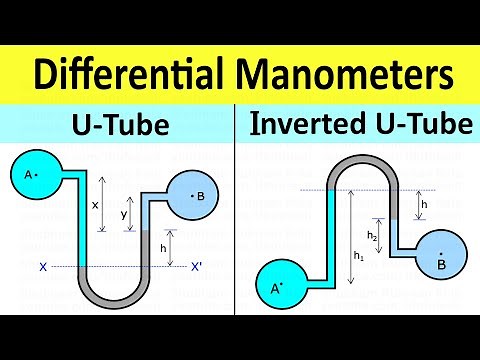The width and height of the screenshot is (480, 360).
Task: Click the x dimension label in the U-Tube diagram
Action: click(95, 204)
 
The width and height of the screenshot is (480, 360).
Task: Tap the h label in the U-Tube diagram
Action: click(163, 247)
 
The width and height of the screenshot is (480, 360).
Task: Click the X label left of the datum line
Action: click(43, 267)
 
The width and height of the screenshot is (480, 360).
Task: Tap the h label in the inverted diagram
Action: click(424, 203)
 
